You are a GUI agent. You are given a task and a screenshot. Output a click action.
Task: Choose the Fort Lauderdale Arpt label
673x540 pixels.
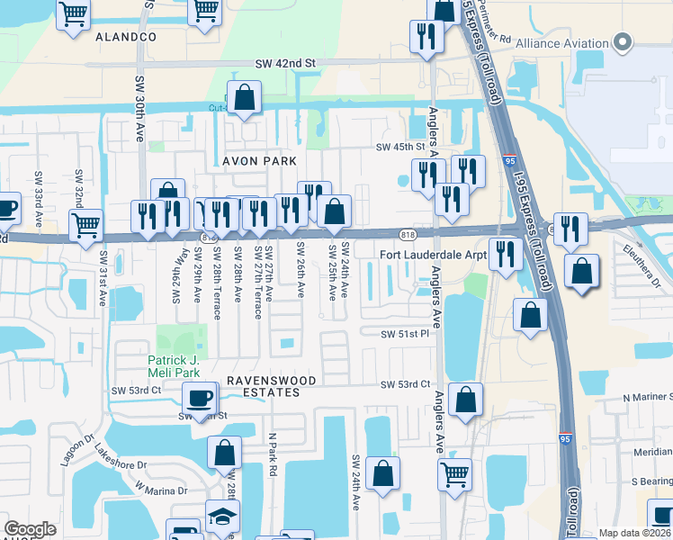(432, 255)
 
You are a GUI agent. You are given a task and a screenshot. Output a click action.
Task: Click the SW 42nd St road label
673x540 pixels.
(285, 63)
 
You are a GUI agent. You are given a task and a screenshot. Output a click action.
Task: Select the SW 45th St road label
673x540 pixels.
(399, 148)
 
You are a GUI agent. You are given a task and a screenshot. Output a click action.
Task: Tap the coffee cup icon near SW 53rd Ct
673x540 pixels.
(200, 396)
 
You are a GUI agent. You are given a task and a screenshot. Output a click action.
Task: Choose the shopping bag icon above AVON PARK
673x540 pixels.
(244, 96)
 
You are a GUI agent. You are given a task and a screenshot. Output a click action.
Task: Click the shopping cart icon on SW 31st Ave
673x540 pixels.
(86, 224)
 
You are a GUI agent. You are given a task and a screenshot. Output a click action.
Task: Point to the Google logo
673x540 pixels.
(30, 529)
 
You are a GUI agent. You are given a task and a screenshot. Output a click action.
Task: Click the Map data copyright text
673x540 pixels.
(635, 533)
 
